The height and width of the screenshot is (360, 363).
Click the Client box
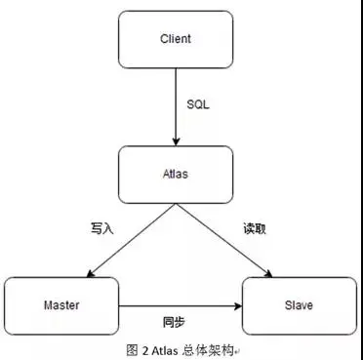click(x=175, y=40)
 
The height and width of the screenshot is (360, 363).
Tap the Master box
click(x=61, y=305)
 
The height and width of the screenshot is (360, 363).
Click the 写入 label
click(x=102, y=228)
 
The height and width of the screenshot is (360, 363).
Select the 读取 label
click(x=254, y=228)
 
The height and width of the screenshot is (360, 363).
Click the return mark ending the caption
click(x=237, y=350)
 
